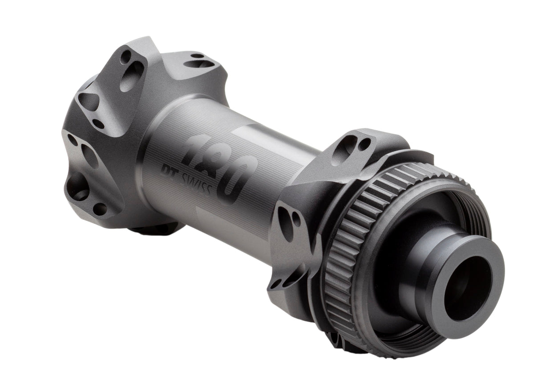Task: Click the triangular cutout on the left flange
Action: click(x=89, y=102)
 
